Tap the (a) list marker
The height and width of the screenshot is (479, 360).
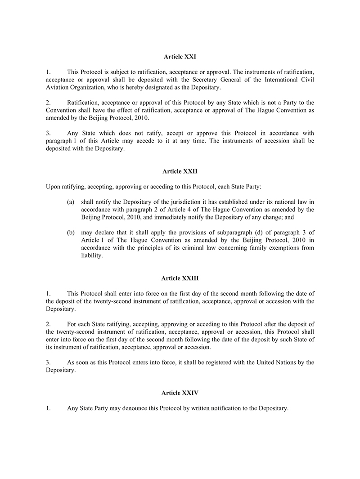[70, 202]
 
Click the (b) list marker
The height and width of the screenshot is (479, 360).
[70, 232]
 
